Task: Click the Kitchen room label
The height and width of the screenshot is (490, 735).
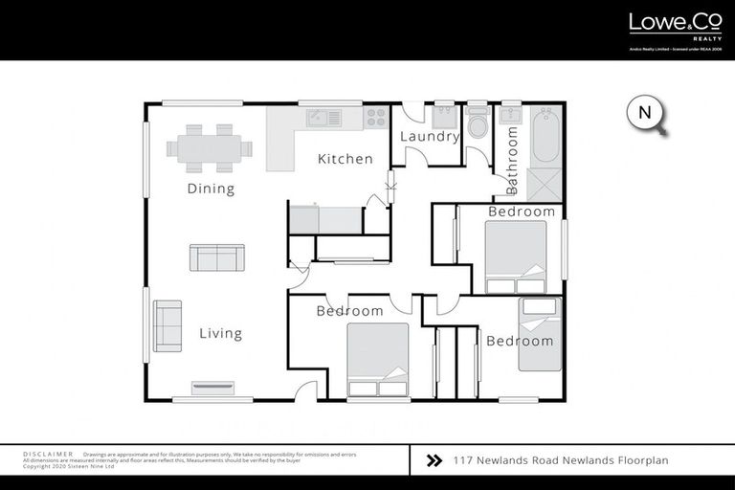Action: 345,159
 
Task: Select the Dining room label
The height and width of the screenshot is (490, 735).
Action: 211,189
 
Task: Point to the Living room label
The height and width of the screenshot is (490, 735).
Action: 220,334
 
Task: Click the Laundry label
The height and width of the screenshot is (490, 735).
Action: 430,137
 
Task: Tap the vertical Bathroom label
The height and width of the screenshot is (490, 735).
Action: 512,157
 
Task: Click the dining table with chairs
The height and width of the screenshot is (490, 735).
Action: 210,147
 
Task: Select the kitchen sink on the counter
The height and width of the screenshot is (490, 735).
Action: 323,118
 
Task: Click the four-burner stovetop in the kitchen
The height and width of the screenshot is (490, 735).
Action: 374,118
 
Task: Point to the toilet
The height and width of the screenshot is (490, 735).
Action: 477,124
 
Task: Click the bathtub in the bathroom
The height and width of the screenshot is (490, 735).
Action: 545,135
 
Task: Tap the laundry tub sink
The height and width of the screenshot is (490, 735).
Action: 444,118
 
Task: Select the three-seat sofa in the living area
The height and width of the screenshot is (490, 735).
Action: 216,257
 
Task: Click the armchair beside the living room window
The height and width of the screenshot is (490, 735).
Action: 167,325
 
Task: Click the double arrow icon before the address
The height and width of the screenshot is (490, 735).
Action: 434,460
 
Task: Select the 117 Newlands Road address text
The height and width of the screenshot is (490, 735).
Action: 560,460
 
